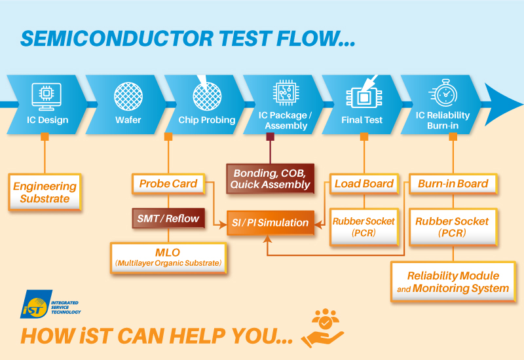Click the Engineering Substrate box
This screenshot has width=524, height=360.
click(x=45, y=192)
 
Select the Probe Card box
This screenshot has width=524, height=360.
click(x=168, y=184)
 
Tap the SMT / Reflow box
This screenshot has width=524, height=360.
click(x=168, y=217)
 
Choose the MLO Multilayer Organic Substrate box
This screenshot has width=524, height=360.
click(x=168, y=257)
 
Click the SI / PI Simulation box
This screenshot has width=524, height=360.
click(x=270, y=223)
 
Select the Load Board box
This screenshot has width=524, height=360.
click(x=364, y=184)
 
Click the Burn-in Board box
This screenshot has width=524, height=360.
click(x=453, y=184)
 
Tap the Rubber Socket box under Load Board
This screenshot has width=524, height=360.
click(x=364, y=226)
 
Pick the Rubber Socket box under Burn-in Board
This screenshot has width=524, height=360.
click(x=452, y=226)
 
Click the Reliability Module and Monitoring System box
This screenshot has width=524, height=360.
click(x=453, y=282)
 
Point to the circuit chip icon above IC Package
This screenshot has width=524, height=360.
click(x=284, y=94)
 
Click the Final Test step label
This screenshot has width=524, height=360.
click(x=362, y=120)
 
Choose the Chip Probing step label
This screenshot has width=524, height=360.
click(x=207, y=120)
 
